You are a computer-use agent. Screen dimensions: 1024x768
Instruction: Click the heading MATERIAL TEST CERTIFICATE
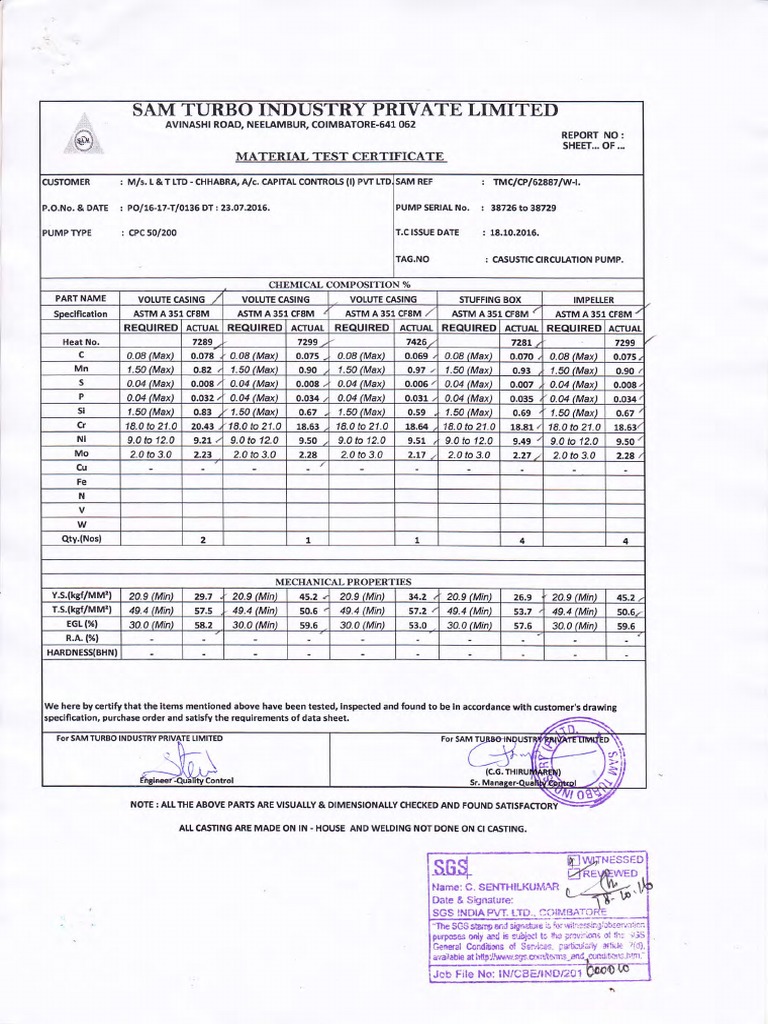pos(340,157)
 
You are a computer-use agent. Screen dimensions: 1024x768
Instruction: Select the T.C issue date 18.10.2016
pos(512,232)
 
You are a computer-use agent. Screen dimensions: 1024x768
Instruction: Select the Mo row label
pos(79,453)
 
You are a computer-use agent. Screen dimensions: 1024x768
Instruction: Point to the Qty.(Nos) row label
pos(79,539)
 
